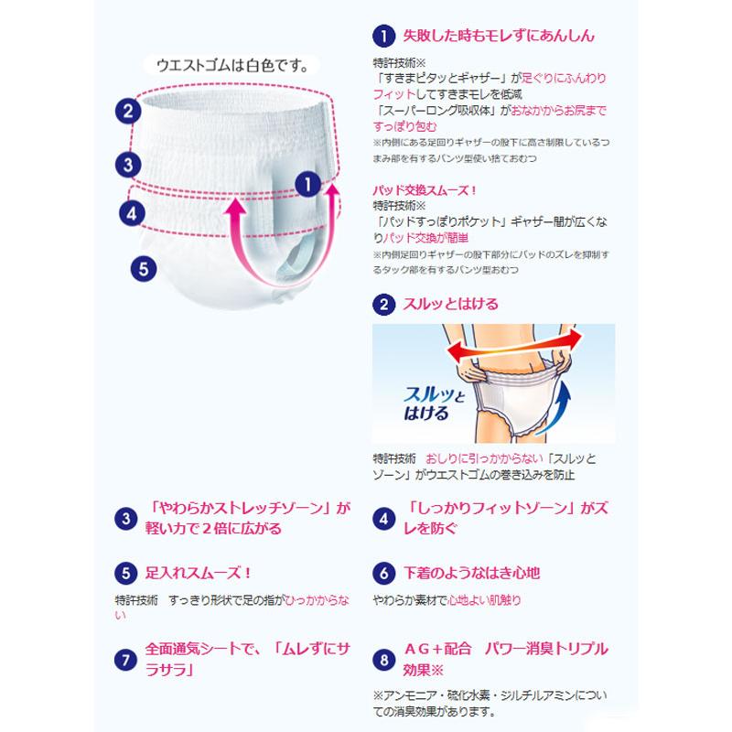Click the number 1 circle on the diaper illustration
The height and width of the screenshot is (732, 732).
[x=308, y=181]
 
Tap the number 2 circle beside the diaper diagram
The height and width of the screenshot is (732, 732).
[x=128, y=112]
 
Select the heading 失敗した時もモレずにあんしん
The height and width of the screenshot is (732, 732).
[x=499, y=36]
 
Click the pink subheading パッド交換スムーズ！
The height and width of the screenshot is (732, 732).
[x=425, y=189]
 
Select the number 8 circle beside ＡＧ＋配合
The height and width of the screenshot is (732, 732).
[x=383, y=658]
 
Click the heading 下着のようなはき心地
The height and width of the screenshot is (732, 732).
[x=471, y=573]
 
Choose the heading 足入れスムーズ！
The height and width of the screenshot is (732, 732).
[x=199, y=573]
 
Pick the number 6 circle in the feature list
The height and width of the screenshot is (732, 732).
[x=383, y=574]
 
